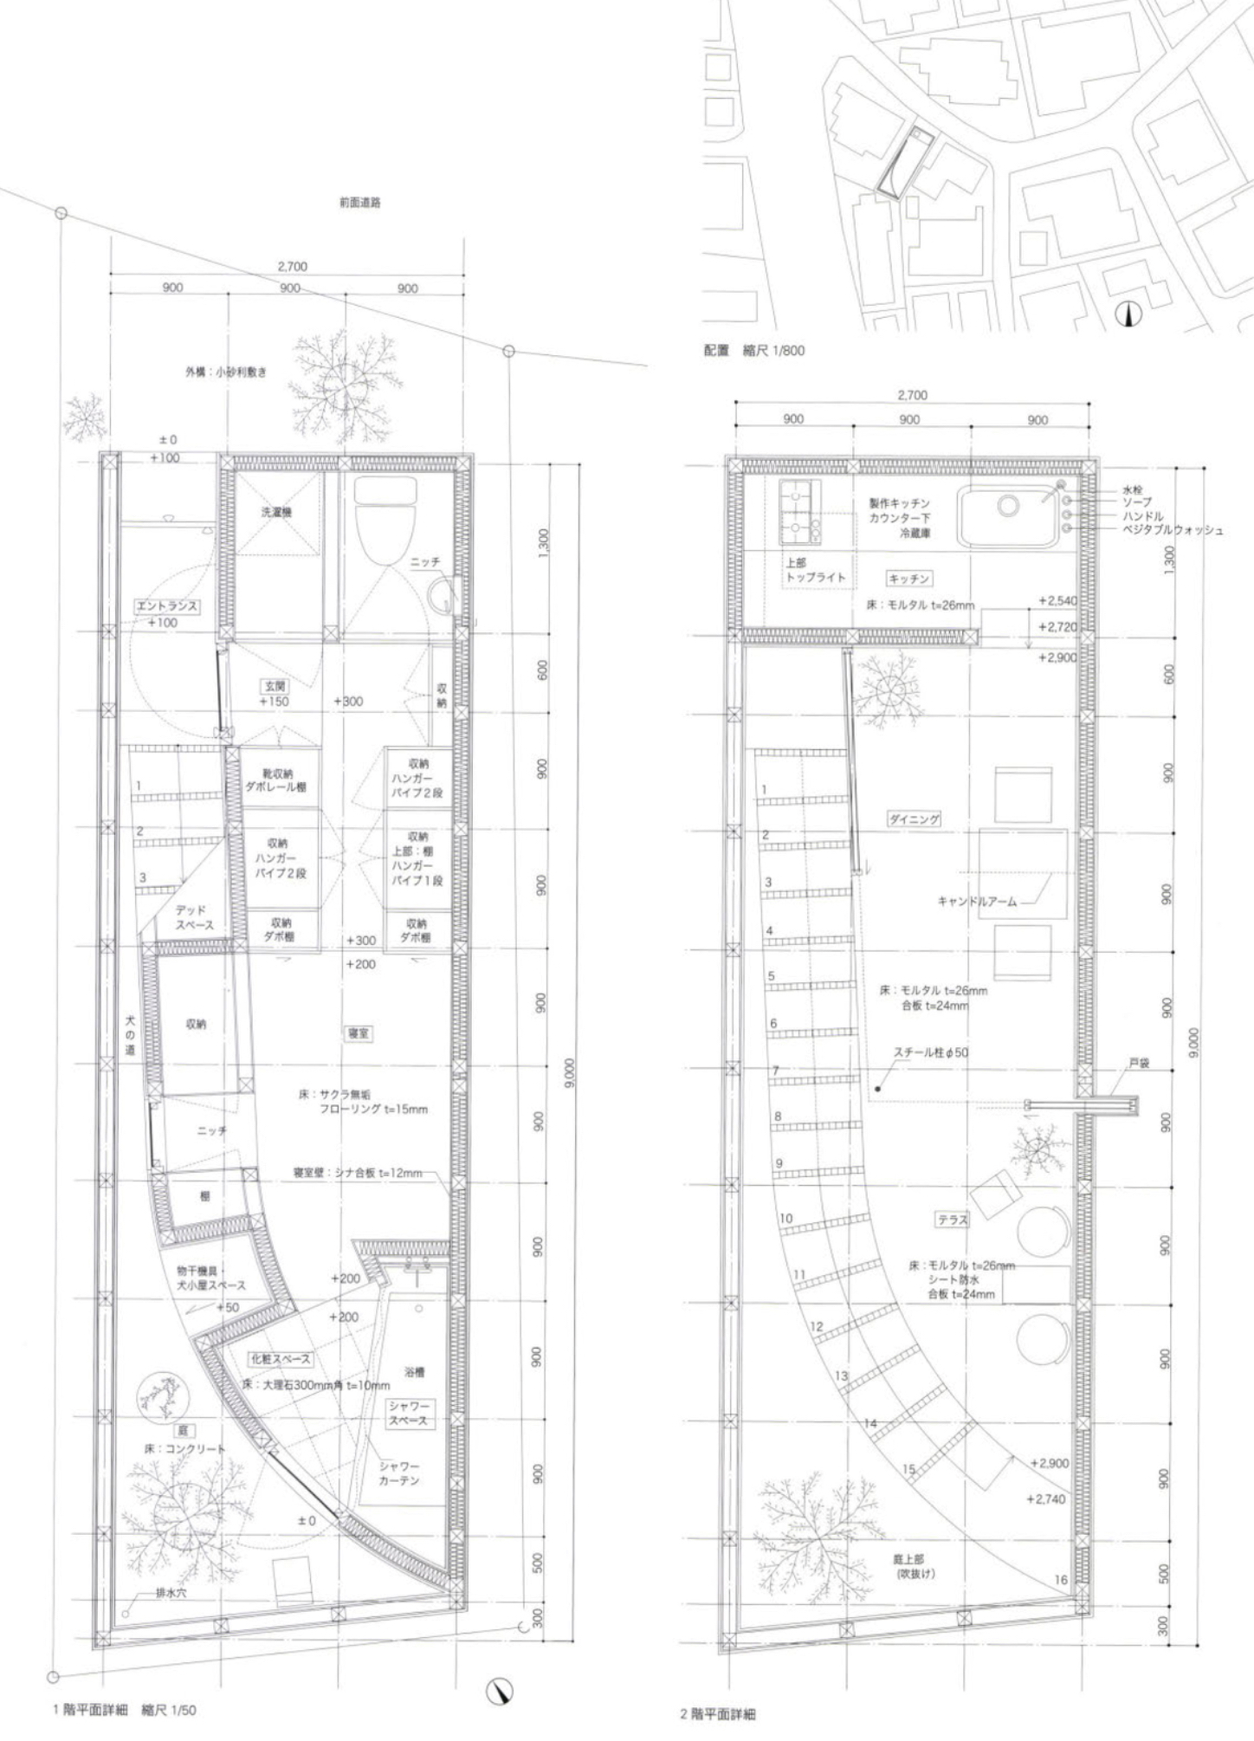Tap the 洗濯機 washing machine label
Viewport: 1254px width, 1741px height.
[x=277, y=512]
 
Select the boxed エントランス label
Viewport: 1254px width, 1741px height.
[x=166, y=606]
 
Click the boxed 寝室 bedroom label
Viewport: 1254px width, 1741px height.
[x=359, y=1033]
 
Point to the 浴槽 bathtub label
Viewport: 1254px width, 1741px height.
[x=415, y=1372]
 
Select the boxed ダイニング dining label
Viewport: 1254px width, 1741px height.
[x=914, y=819]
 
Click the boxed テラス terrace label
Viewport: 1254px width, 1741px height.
[x=952, y=1219]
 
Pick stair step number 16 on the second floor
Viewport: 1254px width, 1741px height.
[x=1061, y=1579]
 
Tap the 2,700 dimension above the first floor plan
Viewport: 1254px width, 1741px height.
[x=292, y=267]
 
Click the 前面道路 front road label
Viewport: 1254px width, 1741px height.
[x=359, y=203]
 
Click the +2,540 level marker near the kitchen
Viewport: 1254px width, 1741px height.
[x=1057, y=599]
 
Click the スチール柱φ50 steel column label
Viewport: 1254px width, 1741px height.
[x=931, y=1052]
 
